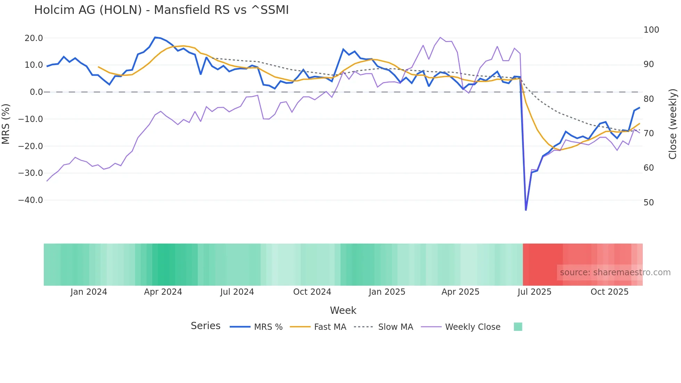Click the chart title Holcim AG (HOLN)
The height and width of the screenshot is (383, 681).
(161, 10)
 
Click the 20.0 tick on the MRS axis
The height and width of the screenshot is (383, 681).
(34, 38)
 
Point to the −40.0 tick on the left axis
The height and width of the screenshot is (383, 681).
(31, 200)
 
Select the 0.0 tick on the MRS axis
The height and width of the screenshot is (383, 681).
(36, 92)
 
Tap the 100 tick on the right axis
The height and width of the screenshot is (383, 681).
(651, 30)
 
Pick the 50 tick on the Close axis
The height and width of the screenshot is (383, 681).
(649, 202)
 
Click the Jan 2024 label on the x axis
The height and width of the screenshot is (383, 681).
(89, 292)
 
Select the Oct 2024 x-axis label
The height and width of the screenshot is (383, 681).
(312, 292)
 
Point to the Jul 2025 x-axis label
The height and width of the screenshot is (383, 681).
(534, 292)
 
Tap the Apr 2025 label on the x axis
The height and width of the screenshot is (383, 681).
(460, 292)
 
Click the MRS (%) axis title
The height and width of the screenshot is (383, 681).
(6, 124)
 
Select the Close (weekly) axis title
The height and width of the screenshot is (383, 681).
(673, 124)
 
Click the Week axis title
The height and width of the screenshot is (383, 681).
(343, 310)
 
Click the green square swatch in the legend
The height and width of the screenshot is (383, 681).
(518, 327)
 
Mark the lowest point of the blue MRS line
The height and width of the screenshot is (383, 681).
(526, 210)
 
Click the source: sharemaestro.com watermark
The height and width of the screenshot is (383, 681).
(615, 272)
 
